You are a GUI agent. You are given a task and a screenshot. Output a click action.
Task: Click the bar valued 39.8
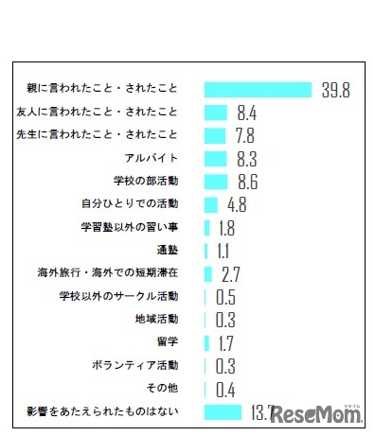pyautogui.click(x=258, y=90)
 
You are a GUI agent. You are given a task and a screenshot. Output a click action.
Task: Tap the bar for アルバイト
pyautogui.click(x=215, y=158)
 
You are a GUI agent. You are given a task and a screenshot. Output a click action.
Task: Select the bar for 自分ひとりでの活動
pyautogui.click(x=210, y=203)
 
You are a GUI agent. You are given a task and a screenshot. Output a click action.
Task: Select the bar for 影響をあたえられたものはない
pyautogui.click(x=223, y=410)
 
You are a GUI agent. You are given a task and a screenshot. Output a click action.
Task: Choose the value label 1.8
pyautogui.click(x=225, y=227)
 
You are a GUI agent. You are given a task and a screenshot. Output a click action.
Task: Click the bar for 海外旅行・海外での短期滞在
pyautogui.click(x=207, y=273)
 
